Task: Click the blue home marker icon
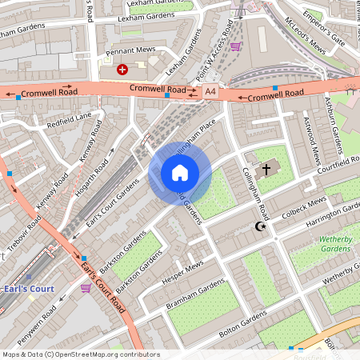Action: click(180, 173)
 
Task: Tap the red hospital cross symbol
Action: click(122, 70)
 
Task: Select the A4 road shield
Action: click(210, 92)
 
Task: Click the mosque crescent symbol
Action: click(258, 227)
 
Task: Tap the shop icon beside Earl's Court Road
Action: click(86, 287)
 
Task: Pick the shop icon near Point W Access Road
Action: click(235, 46)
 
